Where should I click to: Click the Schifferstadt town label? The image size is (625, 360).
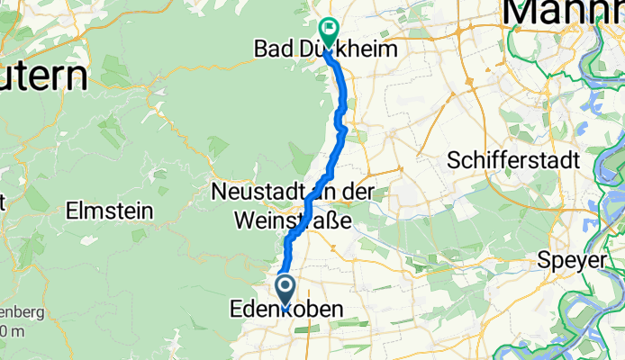coord(516,160)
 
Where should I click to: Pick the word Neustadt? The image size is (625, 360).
coord(258,193)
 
